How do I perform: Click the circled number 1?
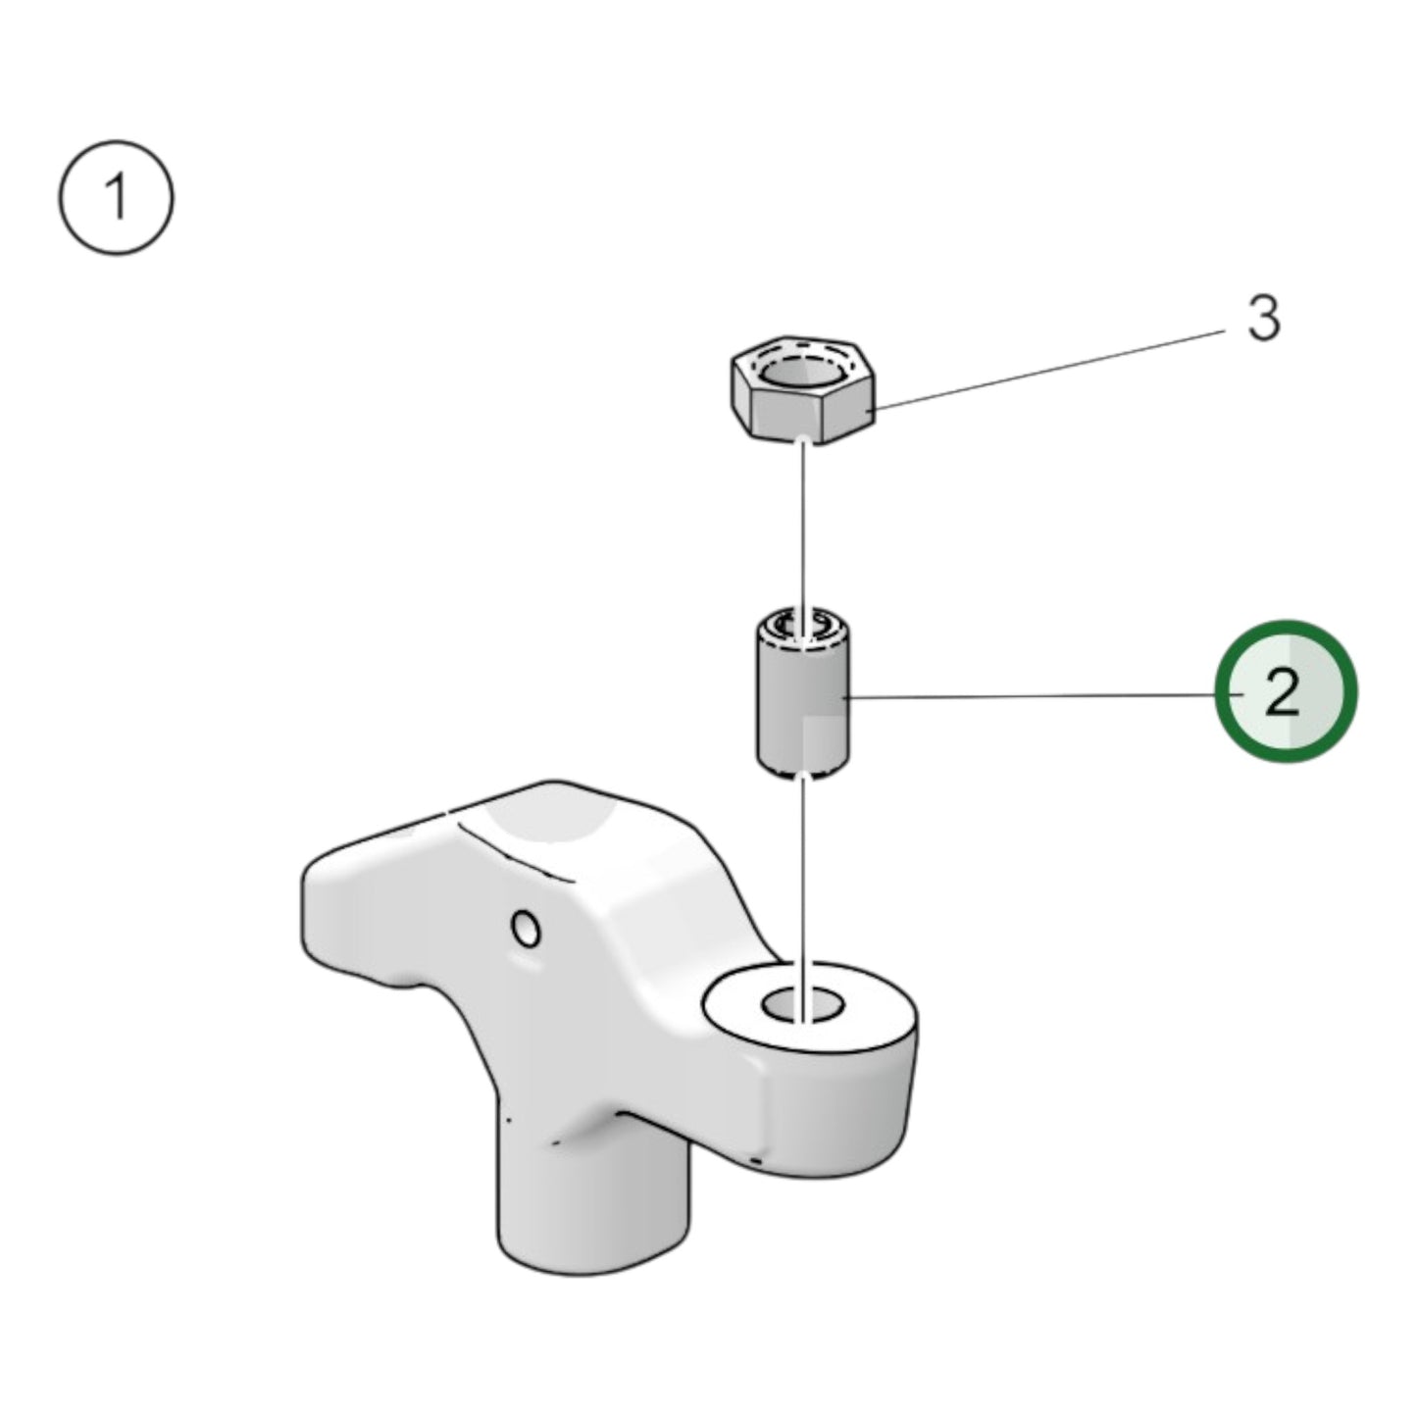pyautogui.click(x=117, y=197)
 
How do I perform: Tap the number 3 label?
pyautogui.click(x=1263, y=319)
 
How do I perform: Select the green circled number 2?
pyautogui.click(x=1286, y=691)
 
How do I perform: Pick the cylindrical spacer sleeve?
pyautogui.click(x=802, y=701)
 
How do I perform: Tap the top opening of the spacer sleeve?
pyautogui.click(x=802, y=625)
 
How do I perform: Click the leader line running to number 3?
pyautogui.click(x=1049, y=369)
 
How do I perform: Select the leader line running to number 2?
pyautogui.click(x=1030, y=696)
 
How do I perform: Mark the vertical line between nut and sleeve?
pyautogui.click(x=803, y=530)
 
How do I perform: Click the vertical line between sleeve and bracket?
pyautogui.click(x=803, y=883)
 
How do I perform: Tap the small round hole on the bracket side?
pyautogui.click(x=527, y=928)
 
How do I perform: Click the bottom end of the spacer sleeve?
pyautogui.click(x=802, y=770)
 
